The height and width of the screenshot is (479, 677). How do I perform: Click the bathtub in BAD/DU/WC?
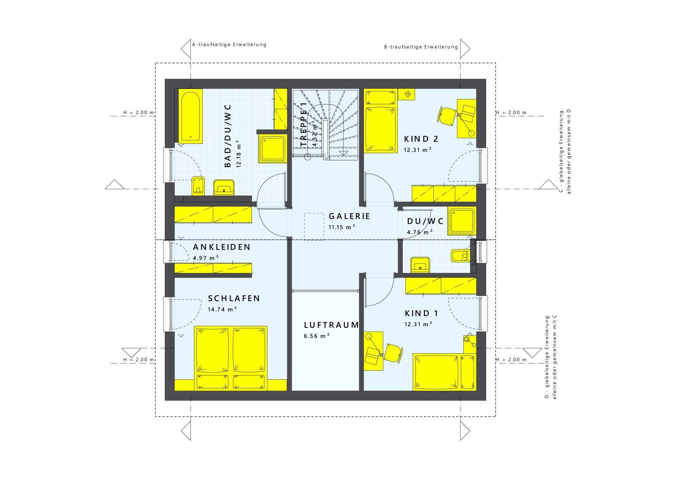point(190,116)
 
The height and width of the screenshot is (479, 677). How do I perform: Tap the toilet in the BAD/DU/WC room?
point(198,186)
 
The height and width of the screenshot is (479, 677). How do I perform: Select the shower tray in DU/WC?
point(462,221)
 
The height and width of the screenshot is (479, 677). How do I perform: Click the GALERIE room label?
point(350,216)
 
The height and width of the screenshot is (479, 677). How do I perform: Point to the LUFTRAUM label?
point(331,325)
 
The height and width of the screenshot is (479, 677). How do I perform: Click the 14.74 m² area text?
point(222,309)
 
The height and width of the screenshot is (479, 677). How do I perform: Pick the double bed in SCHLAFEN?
point(231,358)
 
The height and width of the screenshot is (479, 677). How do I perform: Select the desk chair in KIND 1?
point(393,353)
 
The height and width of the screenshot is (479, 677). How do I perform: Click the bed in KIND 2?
point(380,121)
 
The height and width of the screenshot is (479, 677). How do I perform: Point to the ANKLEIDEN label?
point(222,247)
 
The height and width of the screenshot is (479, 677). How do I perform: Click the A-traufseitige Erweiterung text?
point(229,45)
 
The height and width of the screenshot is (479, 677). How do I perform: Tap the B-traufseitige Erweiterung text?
point(421,47)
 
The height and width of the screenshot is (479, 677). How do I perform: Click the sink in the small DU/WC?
point(420,265)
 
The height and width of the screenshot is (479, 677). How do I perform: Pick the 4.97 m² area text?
point(206,258)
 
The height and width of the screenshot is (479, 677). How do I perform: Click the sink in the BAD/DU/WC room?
point(224,187)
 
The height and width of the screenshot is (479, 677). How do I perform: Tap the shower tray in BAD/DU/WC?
point(272,149)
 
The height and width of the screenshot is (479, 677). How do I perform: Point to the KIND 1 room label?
point(421,314)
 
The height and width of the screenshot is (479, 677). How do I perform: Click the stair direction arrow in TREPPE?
point(343,152)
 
